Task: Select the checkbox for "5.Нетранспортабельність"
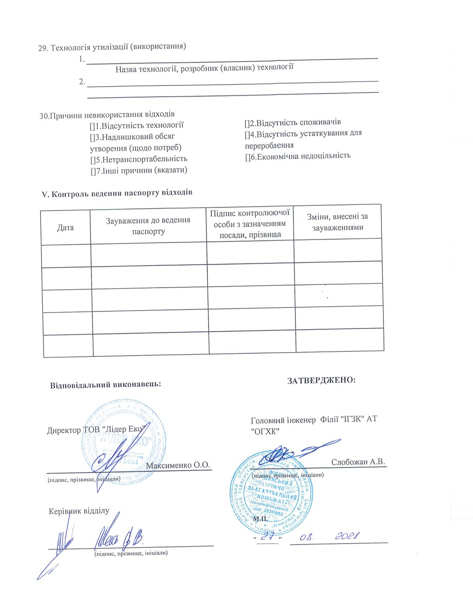(x=93, y=160)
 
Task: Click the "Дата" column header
(x=65, y=227)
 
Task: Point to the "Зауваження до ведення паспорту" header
(x=148, y=226)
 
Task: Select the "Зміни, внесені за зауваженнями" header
(x=338, y=222)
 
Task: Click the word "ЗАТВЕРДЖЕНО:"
(x=321, y=380)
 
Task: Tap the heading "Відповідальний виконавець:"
(x=105, y=385)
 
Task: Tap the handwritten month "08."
(x=307, y=537)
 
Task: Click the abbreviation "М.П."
(x=261, y=519)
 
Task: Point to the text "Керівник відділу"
(x=79, y=511)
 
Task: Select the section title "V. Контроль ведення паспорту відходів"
(x=117, y=193)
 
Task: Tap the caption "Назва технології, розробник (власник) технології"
(x=204, y=68)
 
